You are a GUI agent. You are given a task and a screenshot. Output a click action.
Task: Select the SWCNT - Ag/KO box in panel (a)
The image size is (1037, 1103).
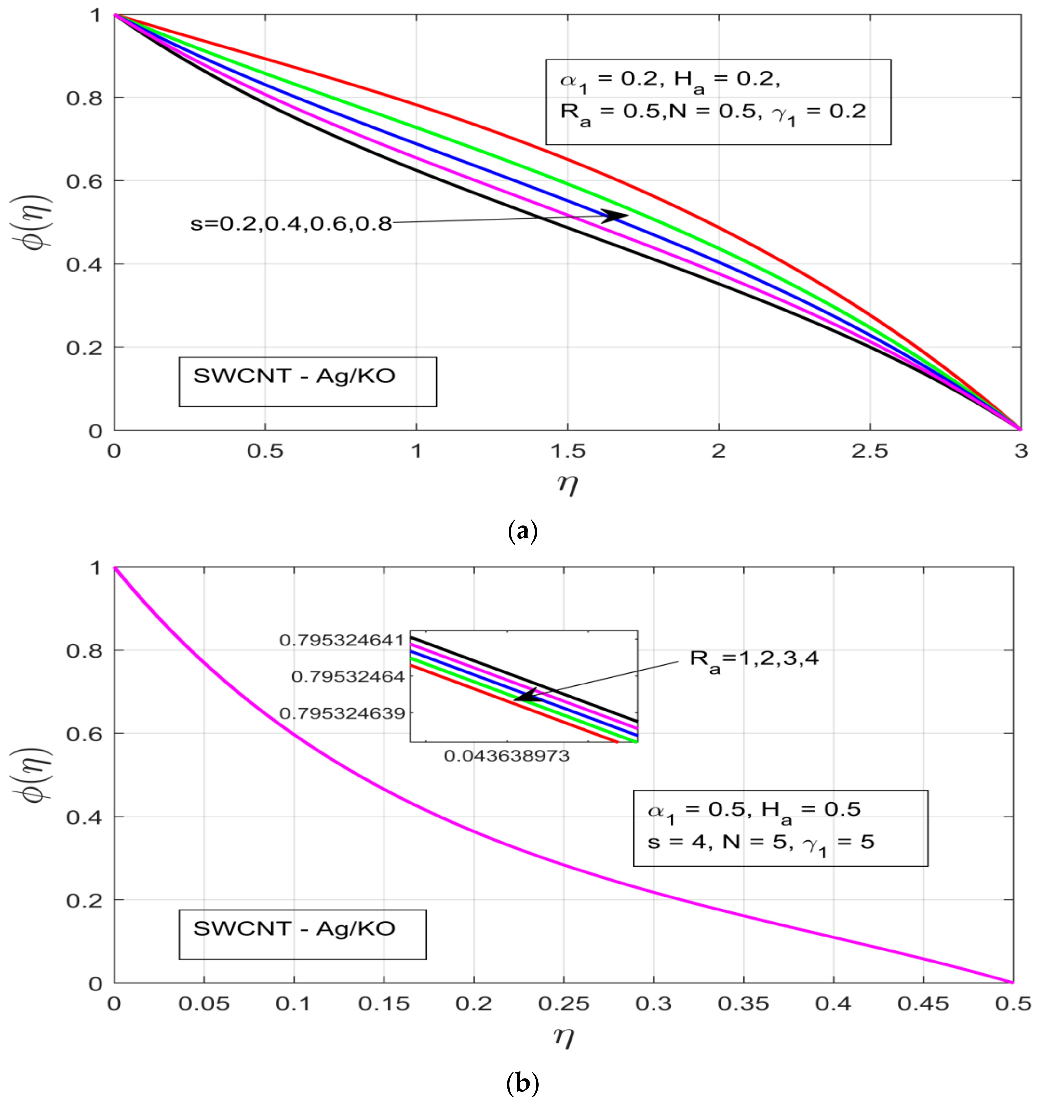(307, 382)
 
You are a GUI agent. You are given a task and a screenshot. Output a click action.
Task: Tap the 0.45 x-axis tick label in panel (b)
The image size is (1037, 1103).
(922, 1004)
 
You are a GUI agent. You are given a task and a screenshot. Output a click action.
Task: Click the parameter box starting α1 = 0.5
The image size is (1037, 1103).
(780, 828)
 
